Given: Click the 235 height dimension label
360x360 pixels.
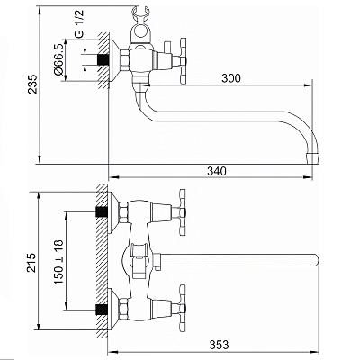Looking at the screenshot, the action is pyautogui.click(x=32, y=84).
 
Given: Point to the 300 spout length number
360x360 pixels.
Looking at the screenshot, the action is pyautogui.click(x=231, y=78).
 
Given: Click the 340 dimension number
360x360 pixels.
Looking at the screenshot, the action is pyautogui.click(x=217, y=171).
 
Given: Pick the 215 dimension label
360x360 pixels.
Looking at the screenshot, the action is pyautogui.click(x=31, y=263).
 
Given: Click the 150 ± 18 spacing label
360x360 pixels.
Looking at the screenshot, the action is pyautogui.click(x=58, y=262).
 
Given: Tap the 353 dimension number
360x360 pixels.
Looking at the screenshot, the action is pyautogui.click(x=219, y=345).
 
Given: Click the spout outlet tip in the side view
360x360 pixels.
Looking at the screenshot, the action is pyautogui.click(x=313, y=157).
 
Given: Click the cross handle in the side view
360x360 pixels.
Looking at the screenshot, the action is pyautogui.click(x=183, y=61).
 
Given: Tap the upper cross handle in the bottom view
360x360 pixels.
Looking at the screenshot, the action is pyautogui.click(x=183, y=212).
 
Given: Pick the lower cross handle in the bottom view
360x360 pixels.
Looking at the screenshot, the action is pyautogui.click(x=183, y=308).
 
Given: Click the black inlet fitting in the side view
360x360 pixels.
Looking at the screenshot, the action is pyautogui.click(x=103, y=59).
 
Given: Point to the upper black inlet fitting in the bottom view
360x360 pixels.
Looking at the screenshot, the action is pyautogui.click(x=103, y=212).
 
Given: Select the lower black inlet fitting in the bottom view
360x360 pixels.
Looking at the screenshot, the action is pyautogui.click(x=103, y=310).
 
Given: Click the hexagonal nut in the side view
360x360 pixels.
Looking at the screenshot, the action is pyautogui.click(x=125, y=61).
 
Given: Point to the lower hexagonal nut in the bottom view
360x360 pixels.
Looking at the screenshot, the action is pyautogui.click(x=123, y=309).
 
